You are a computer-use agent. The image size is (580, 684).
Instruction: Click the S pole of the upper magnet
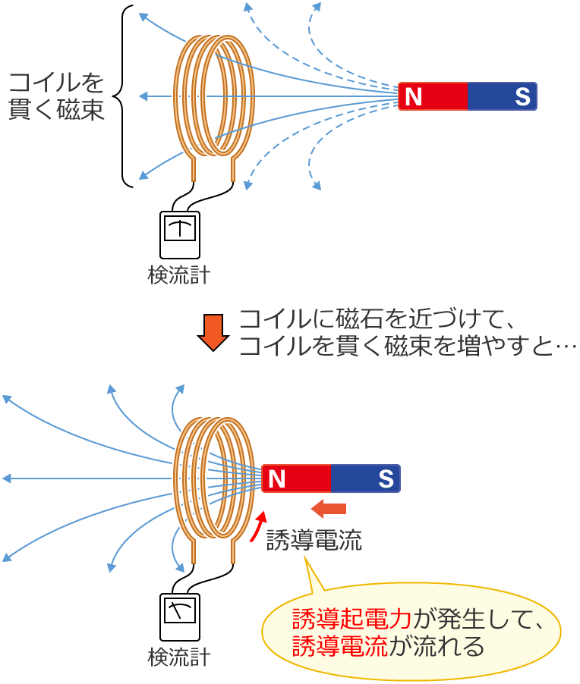pos(503,96)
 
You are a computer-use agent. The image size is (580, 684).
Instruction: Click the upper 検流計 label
pos(179,274)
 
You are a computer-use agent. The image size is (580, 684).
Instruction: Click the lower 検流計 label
pos(179,656)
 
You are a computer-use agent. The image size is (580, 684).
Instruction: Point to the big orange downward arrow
pos(213,331)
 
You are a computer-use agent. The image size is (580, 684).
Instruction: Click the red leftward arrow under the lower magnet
pos(329,507)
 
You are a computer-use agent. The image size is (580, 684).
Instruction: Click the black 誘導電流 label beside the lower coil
pos(314,540)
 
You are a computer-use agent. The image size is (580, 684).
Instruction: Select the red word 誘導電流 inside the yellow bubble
pos(340,647)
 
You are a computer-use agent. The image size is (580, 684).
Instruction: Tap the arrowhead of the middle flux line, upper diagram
pos(144,96)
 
